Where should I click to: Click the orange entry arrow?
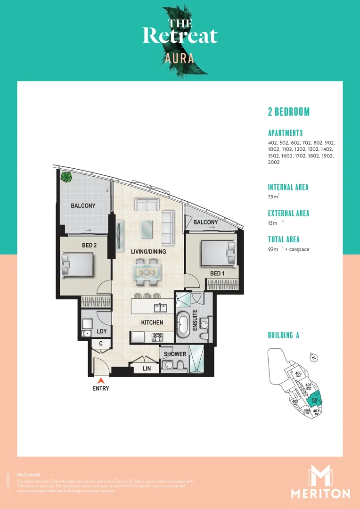pos(100,380)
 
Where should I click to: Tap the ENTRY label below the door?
pos(100,388)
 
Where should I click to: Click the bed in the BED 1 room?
pos(218,254)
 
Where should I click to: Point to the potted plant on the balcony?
pos(66,177)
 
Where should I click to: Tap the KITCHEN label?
pos(151,323)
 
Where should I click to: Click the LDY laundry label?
pos(102,331)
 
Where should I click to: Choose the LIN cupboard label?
pos(147,369)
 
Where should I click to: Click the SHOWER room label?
pos(175,354)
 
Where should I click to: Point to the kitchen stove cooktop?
pos(156,337)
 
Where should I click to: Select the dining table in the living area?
pos(147,272)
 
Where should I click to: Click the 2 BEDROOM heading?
pos(288,112)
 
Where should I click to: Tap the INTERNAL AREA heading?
pos(288,187)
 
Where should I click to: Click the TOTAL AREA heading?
pos(284,239)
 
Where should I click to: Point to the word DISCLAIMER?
pos(28,475)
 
